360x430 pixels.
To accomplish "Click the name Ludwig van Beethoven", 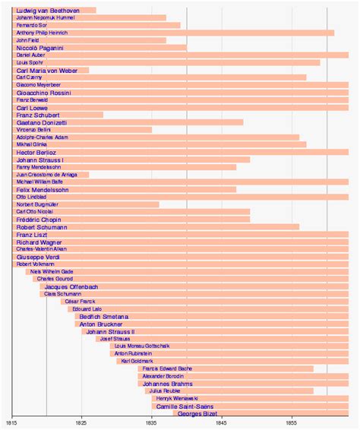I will tap(48, 10).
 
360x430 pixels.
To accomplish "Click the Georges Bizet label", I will tap(197, 413).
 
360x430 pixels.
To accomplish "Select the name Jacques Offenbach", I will tap(71, 286).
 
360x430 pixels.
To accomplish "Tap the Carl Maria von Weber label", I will tap(47, 70).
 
